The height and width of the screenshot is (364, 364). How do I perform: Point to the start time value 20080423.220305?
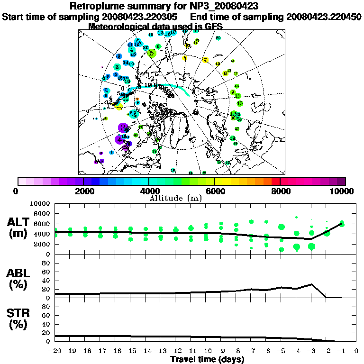(x=144, y=17)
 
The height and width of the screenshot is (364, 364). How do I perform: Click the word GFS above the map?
(x=213, y=27)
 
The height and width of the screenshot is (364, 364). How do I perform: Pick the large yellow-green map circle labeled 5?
(x=151, y=54)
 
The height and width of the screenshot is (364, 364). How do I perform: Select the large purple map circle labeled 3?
(x=123, y=127)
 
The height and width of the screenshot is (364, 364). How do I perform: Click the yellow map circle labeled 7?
(x=205, y=60)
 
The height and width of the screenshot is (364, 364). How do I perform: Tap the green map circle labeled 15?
(x=240, y=103)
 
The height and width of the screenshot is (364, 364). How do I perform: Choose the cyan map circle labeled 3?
(x=117, y=67)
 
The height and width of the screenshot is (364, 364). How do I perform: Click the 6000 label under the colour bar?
(x=214, y=191)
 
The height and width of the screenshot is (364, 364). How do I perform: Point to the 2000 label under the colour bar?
(x=83, y=191)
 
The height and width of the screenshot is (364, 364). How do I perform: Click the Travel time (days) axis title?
(x=207, y=359)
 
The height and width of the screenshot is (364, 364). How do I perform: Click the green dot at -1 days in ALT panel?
(x=342, y=224)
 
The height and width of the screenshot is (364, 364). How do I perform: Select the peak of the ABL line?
(x=311, y=284)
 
